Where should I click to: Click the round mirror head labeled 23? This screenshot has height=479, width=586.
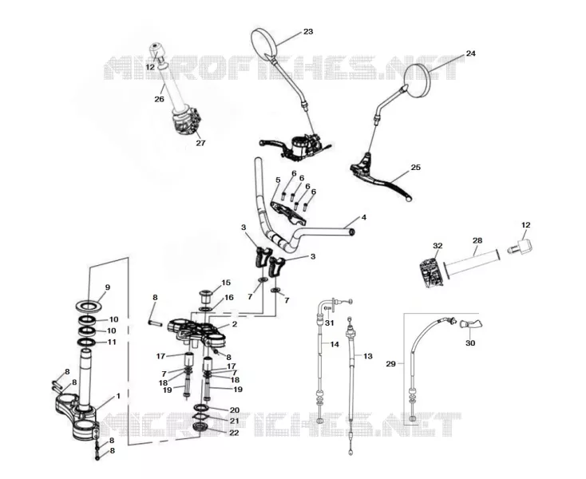coord(264,43)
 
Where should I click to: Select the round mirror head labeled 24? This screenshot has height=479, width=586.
coord(422,78)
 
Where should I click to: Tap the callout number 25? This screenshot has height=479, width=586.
coord(416,167)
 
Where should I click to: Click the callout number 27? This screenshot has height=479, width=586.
coord(200,143)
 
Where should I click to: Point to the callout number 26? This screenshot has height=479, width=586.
coord(159,99)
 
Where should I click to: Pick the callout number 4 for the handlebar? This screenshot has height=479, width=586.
coord(363,217)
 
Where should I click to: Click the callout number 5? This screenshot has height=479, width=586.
coord(278,180)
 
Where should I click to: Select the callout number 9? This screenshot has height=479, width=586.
coord(108,287)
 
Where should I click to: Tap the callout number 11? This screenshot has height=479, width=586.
coord(112,342)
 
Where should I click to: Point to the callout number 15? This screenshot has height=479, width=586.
coord(226,283)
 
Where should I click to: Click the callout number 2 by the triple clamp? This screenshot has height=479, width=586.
coord(235,324)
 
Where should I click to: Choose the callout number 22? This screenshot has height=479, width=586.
coord(234,433)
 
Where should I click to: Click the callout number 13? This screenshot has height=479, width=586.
coord(368,356)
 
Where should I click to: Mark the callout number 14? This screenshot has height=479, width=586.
coord(335,344)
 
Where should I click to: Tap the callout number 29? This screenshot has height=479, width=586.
coord(390,363)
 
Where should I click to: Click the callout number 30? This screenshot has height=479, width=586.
coord(470,342)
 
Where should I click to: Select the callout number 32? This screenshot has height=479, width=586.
coord(438,245)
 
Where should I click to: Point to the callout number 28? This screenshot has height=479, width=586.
coord(477,240)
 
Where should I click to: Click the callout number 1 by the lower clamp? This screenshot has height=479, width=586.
coord(118,396)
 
